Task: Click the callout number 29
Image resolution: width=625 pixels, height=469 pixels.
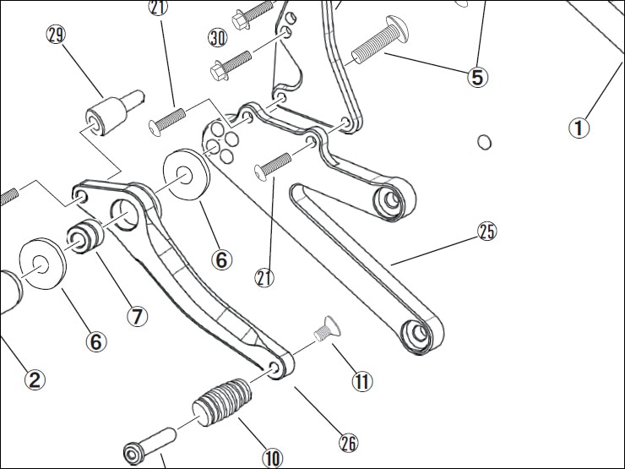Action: coord(57,36)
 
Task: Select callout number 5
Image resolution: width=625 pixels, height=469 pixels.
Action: coord(477,77)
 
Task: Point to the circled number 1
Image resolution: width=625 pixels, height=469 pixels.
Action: coord(579,128)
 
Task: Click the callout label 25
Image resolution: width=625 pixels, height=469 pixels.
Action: coord(487,231)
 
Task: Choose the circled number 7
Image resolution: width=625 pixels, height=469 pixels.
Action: coord(137,316)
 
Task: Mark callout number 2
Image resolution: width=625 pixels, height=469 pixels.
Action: coord(33,379)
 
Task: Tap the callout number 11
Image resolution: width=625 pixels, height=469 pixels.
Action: coord(361,382)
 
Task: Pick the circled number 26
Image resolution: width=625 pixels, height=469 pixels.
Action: coord(348,442)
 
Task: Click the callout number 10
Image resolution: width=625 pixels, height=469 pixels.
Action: coord(272,458)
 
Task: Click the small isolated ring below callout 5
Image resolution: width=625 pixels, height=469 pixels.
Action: coord(485,141)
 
